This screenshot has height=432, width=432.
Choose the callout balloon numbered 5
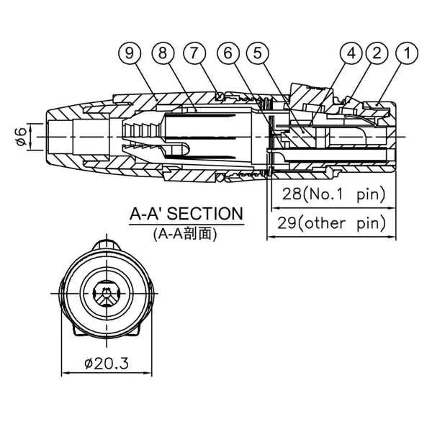click(256, 53)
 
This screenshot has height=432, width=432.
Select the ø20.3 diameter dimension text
click(106, 364)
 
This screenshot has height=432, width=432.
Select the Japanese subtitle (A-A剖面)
click(185, 233)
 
